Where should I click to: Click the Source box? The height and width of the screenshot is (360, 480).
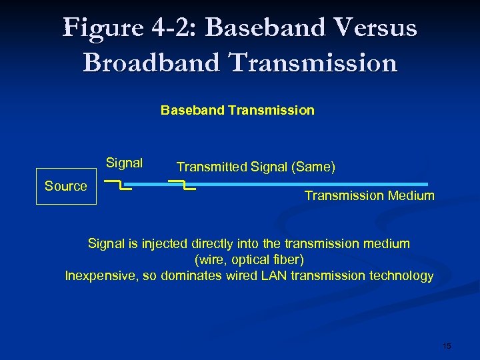(x=66, y=187)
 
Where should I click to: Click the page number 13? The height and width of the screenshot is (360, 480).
(x=447, y=346)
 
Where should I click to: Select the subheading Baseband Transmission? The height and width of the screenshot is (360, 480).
(x=237, y=110)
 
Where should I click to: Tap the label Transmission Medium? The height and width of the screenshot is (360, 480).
(x=369, y=196)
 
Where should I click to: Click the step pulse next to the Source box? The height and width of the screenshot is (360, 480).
(x=118, y=185)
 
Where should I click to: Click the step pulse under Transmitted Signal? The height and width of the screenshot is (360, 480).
(x=182, y=185)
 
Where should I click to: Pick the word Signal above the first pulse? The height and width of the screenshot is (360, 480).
(x=124, y=163)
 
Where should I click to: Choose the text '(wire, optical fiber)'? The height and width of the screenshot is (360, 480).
(x=249, y=259)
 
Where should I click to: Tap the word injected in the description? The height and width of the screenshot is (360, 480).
(x=162, y=244)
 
